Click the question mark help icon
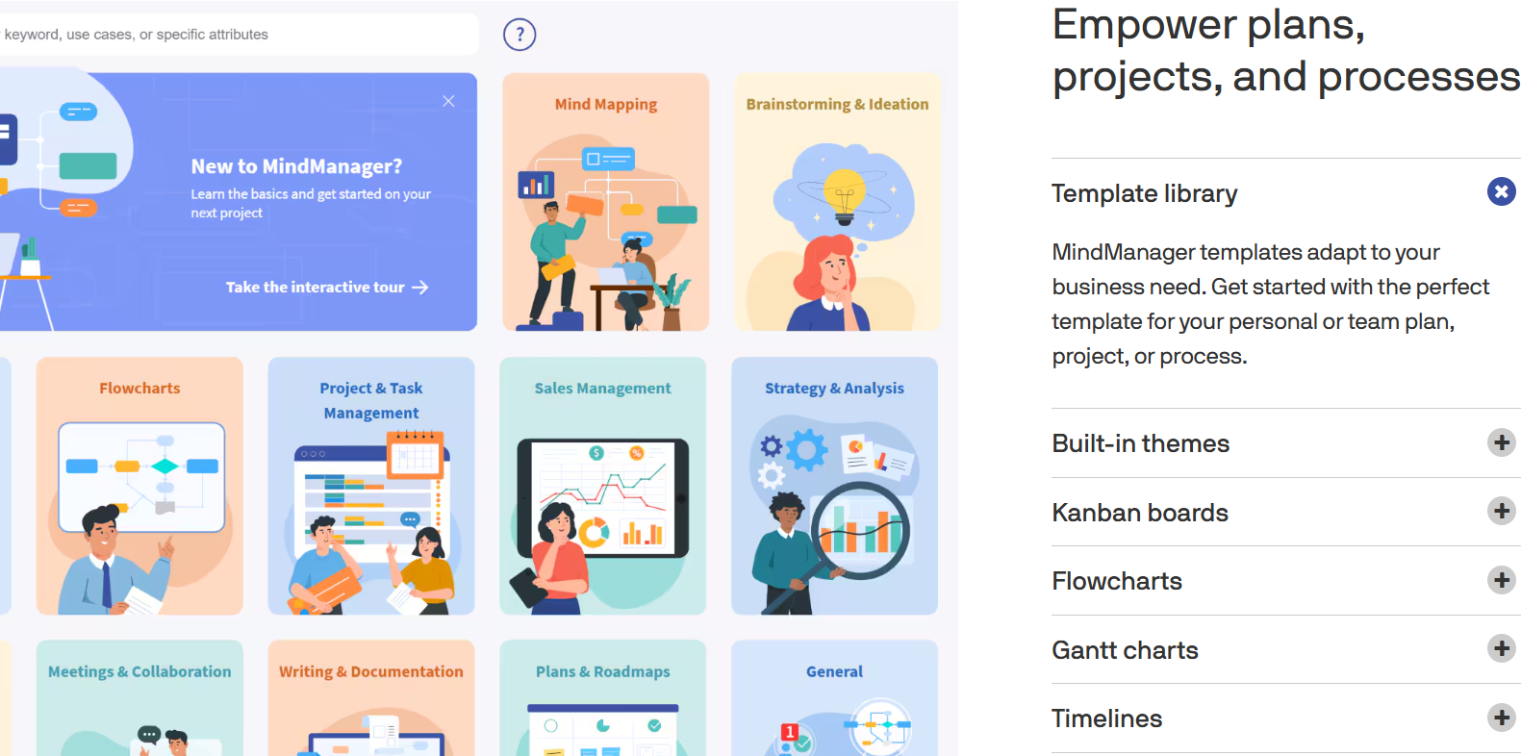click(x=520, y=34)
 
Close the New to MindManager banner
click(x=448, y=101)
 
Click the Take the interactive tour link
click(x=327, y=287)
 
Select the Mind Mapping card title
click(x=606, y=104)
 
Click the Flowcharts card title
click(x=139, y=389)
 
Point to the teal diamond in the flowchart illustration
click(x=165, y=466)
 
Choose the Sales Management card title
click(x=602, y=389)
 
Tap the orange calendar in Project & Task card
click(x=415, y=455)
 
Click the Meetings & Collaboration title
click(x=139, y=671)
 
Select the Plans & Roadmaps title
click(x=602, y=671)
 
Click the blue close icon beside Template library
click(x=1502, y=192)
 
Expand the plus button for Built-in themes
click(x=1502, y=442)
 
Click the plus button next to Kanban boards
click(x=1502, y=511)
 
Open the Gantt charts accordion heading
click(x=1126, y=650)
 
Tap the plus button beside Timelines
click(x=1502, y=718)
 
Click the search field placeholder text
click(x=136, y=34)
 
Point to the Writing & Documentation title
click(x=370, y=671)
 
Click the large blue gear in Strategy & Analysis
click(x=806, y=449)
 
